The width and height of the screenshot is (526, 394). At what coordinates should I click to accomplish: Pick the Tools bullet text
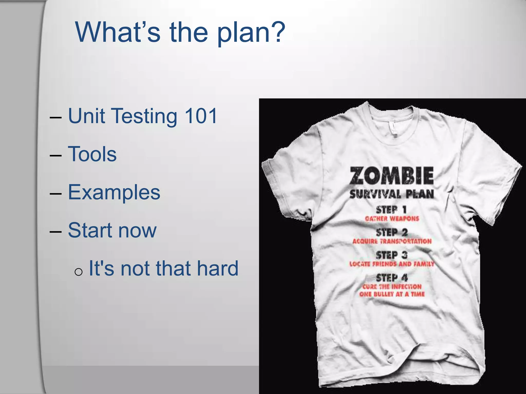click(92, 154)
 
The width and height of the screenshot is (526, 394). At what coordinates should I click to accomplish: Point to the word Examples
click(114, 192)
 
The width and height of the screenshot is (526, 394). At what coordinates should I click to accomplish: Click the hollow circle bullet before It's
click(78, 272)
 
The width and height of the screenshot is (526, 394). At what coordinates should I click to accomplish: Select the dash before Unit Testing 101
click(56, 118)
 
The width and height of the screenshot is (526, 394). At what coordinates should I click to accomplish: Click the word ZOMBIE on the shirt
click(391, 175)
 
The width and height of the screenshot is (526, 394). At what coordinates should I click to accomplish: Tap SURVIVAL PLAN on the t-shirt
click(391, 194)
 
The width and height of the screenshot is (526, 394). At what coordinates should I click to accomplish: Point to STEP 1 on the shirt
click(391, 210)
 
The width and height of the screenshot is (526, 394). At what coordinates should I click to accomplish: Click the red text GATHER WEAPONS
click(392, 219)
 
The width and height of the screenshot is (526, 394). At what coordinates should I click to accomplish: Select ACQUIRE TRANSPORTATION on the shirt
click(392, 241)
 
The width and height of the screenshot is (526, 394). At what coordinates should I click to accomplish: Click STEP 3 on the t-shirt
click(391, 255)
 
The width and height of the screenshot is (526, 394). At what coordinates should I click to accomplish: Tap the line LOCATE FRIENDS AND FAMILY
click(391, 264)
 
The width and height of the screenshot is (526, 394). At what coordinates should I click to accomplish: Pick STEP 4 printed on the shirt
click(391, 278)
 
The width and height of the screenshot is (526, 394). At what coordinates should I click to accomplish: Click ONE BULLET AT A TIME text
click(392, 294)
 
